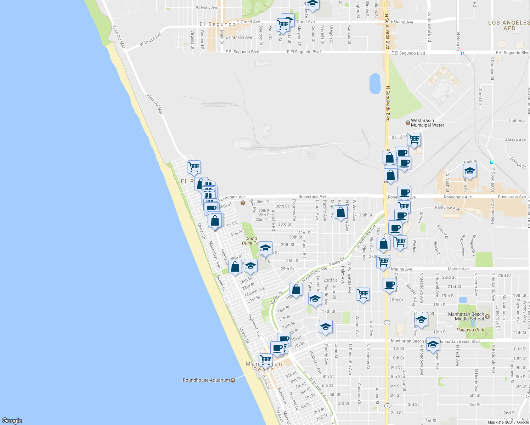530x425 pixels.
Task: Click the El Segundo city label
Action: click(218, 24)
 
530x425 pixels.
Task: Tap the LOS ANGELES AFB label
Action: click(509, 25)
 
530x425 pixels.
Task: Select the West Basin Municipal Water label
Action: click(427, 123)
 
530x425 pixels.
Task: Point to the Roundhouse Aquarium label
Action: click(206, 380)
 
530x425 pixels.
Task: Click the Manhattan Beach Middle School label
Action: click(466, 317)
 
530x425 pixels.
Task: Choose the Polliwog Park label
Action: click(470, 330)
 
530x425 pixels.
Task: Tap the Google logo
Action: click(12, 420)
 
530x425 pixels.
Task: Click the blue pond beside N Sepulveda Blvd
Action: click(375, 84)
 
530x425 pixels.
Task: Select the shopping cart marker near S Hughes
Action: click(414, 139)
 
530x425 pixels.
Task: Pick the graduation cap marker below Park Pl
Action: click(470, 171)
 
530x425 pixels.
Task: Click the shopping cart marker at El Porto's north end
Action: click(194, 166)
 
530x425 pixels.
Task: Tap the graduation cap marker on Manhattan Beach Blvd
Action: click(433, 344)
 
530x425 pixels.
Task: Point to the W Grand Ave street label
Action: click(150, 39)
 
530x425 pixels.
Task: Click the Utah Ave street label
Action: click(517, 121)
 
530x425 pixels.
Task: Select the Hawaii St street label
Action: click(518, 163)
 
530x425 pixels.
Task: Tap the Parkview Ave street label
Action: click(447, 208)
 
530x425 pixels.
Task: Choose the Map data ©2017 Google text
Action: click(508, 422)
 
